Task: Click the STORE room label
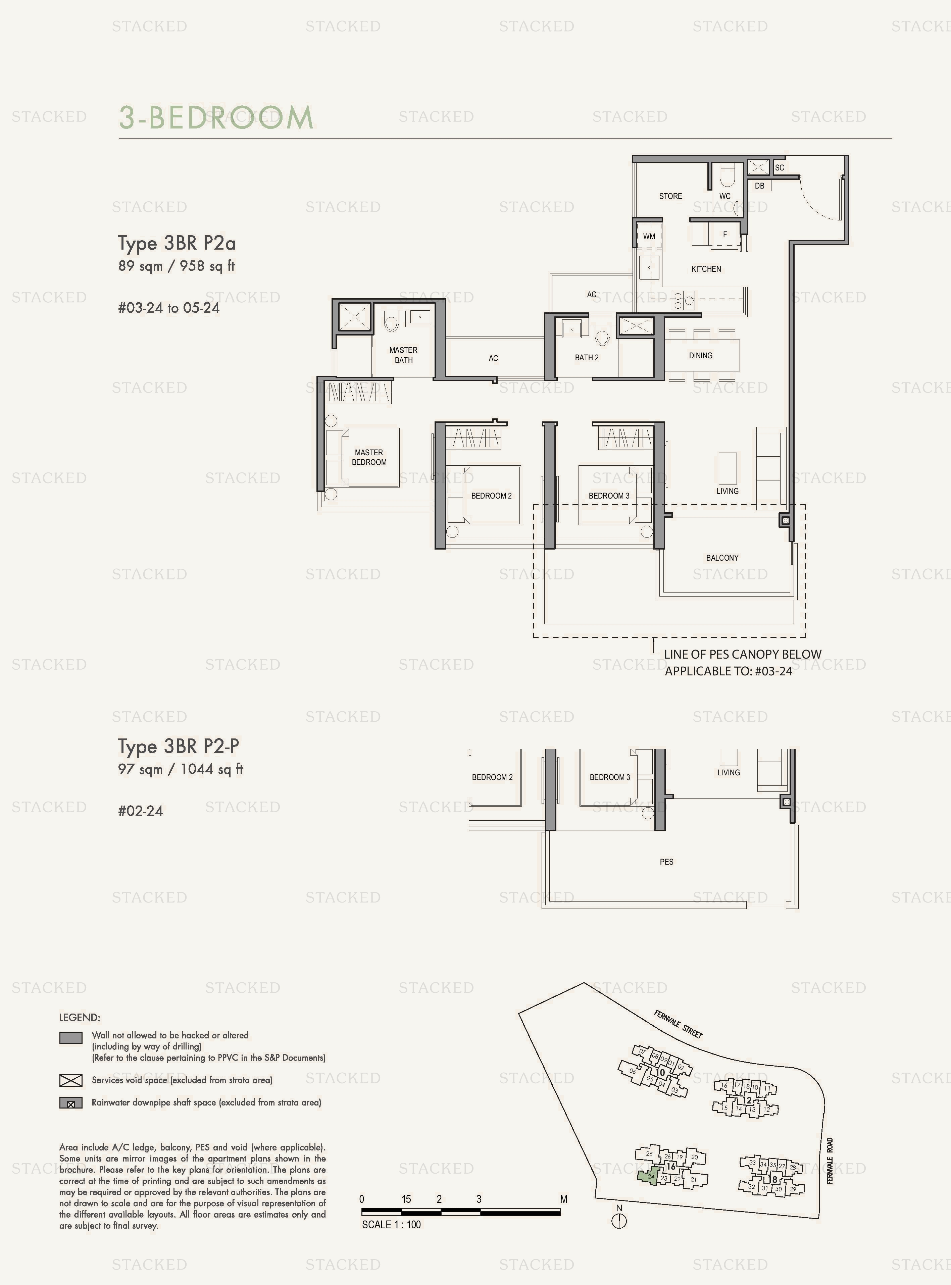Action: (x=670, y=196)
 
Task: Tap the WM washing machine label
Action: (x=649, y=237)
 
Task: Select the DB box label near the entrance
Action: (x=759, y=186)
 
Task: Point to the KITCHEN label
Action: (x=706, y=269)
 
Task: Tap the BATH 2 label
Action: (x=587, y=357)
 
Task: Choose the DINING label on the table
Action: (x=701, y=356)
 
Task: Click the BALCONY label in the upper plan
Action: (x=722, y=558)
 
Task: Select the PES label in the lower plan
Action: (x=666, y=862)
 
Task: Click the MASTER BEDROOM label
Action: (x=369, y=458)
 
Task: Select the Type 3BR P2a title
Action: (x=177, y=244)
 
